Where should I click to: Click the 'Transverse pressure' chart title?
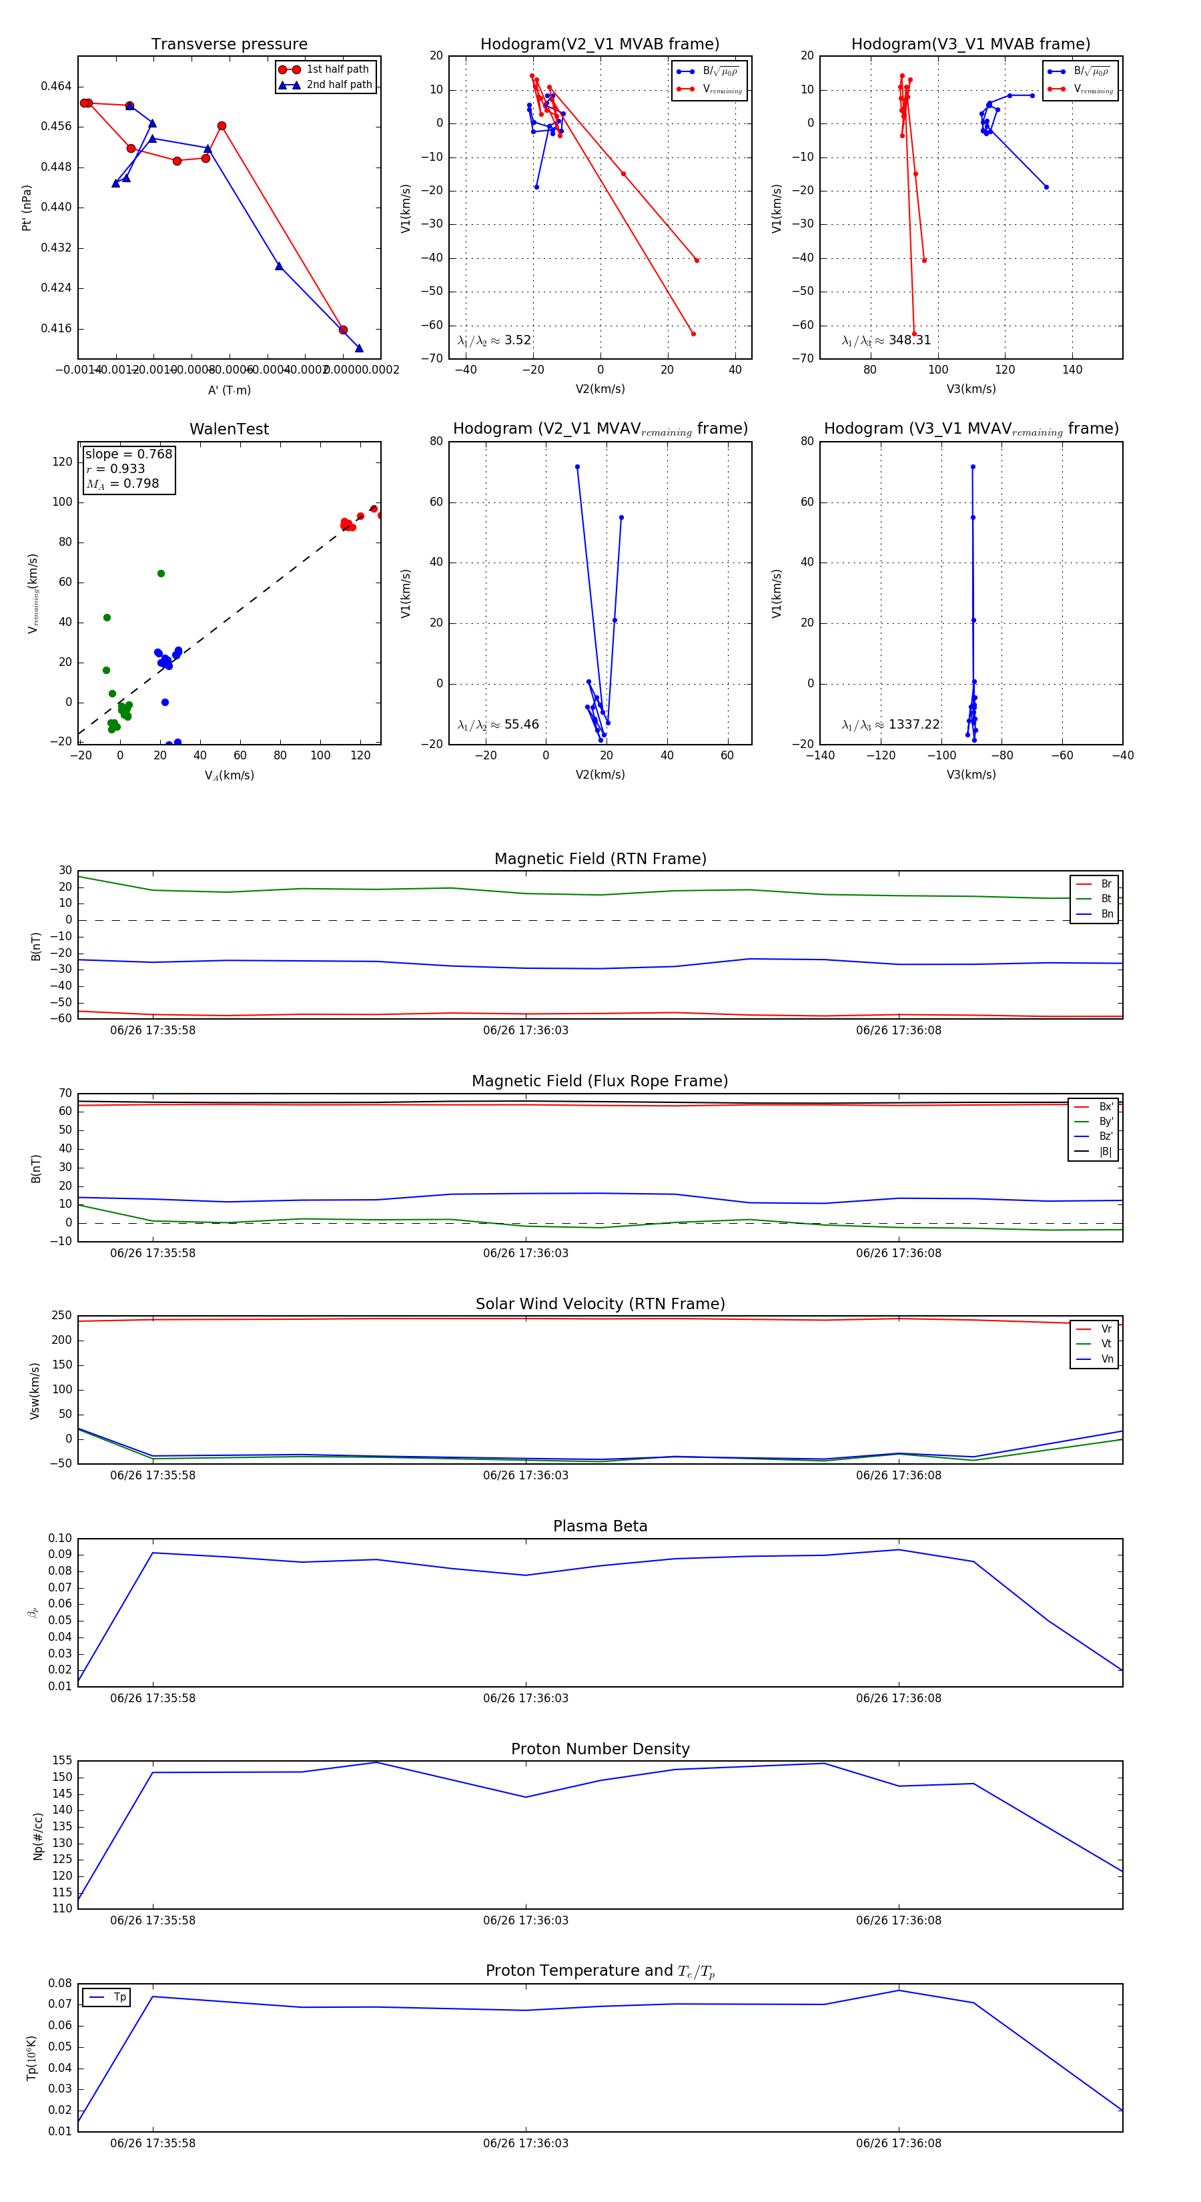(229, 45)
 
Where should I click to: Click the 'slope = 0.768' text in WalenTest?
(128, 454)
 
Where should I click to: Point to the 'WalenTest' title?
(229, 429)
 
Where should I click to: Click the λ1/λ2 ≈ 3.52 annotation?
(494, 340)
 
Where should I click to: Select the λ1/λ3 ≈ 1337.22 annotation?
(890, 725)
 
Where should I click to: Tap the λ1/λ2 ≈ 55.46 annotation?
(498, 725)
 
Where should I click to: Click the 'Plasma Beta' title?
(600, 1526)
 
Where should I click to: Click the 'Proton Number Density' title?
(600, 1749)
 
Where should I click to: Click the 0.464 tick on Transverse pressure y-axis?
(57, 86)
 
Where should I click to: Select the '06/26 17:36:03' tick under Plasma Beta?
(525, 1698)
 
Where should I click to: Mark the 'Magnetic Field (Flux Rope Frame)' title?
(600, 1082)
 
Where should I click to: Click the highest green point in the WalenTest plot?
(161, 574)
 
